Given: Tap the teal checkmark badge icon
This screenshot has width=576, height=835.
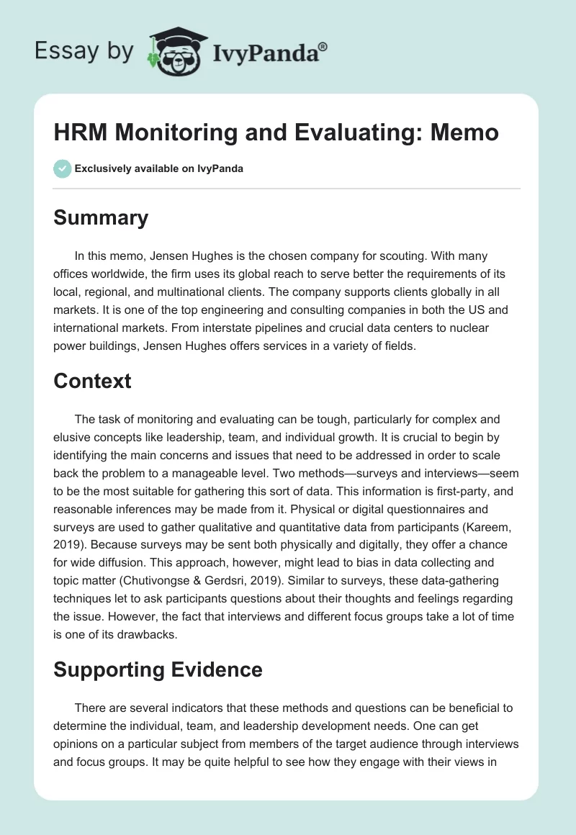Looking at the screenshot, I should pyautogui.click(x=62, y=168).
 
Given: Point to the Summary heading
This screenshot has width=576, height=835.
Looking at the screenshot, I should pyautogui.click(x=101, y=217).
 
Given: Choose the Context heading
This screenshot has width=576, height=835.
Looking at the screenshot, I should pyautogui.click(x=92, y=381).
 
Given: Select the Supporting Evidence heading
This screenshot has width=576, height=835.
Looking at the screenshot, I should pyautogui.click(x=158, y=669).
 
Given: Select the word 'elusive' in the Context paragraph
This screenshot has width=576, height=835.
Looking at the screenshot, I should pyautogui.click(x=73, y=438).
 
